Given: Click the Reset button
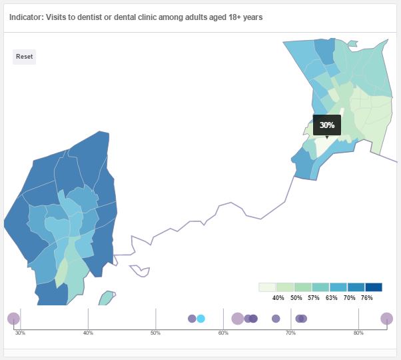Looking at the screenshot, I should [24, 57].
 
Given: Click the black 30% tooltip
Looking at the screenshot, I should [326, 125].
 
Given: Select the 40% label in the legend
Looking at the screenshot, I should [278, 298].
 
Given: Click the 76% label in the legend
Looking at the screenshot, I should [366, 298].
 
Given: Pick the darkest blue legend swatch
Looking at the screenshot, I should [373, 287].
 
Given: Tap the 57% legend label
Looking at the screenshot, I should [314, 298].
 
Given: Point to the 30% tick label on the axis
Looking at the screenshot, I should [20, 332].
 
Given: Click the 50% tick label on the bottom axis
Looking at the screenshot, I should [155, 332].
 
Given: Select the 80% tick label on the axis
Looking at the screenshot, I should [358, 332].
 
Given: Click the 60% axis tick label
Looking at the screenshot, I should [223, 332].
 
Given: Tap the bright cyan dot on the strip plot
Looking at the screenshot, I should [200, 319].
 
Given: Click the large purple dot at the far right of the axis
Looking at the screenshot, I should [386, 319].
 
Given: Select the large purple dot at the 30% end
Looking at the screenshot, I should [13, 319].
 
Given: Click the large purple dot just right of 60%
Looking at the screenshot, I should [237, 319].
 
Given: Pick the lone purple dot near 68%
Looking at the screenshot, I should [276, 319].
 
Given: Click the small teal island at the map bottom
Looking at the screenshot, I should [106, 298].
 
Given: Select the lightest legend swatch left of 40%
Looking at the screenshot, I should [267, 287].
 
